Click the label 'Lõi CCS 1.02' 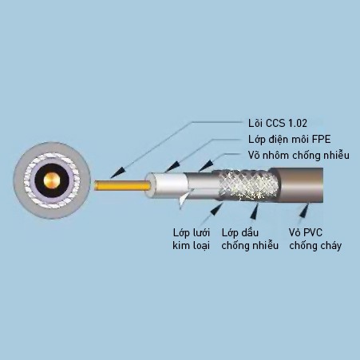(278, 123)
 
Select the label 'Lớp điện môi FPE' (290, 139)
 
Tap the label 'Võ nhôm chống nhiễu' (299, 155)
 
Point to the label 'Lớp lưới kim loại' (192, 239)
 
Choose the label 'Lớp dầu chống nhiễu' (250, 239)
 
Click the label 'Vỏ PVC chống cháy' (315, 239)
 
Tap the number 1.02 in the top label (298, 123)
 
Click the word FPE (321, 139)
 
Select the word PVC (313, 232)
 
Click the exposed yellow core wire (122, 185)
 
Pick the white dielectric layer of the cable (168, 185)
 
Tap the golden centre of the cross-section (52, 180)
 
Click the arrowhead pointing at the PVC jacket (304, 211)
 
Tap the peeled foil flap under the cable (184, 198)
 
